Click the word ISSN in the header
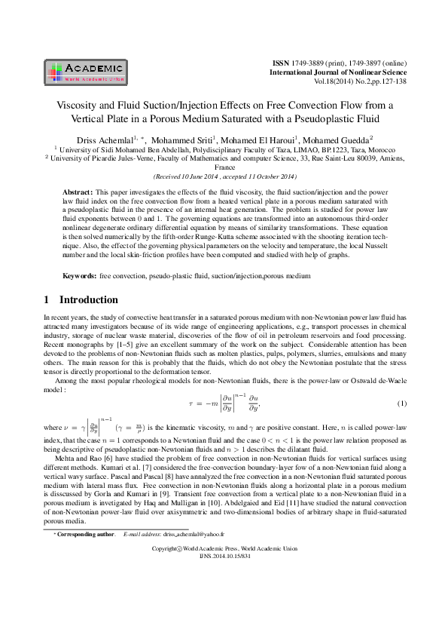tap(279, 61)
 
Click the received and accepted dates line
tap(224, 176)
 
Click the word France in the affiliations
tap(224, 168)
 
